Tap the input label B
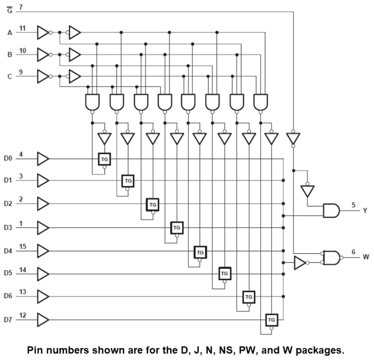click(10, 54)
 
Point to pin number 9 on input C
click(21, 72)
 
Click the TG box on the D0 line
click(104, 159)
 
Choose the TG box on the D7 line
click(271, 320)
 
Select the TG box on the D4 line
click(200, 252)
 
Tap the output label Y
click(365, 211)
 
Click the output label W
click(365, 257)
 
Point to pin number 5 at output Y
click(353, 205)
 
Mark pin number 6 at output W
click(353, 252)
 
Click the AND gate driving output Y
click(331, 211)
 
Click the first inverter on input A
click(43, 33)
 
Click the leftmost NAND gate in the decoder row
click(92, 101)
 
